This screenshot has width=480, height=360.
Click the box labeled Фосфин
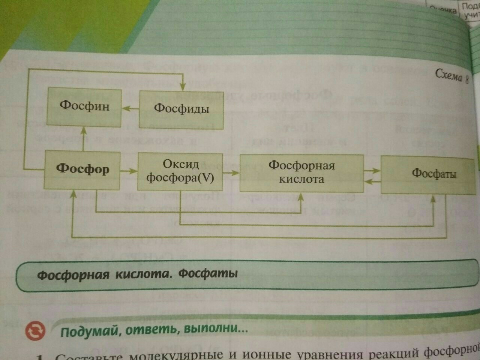coord(84,107)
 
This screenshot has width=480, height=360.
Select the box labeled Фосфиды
coord(181,109)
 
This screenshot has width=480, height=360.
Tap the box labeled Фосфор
coord(82,169)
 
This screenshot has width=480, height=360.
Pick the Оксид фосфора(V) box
coord(180,171)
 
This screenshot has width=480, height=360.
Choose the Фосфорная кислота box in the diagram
coord(301,172)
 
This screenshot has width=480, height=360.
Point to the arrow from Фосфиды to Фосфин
coord(129,108)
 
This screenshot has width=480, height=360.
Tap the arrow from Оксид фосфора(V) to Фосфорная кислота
coord(231,173)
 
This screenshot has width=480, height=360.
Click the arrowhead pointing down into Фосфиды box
coord(183,86)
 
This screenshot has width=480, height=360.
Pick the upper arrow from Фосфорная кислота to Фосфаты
coord(372,171)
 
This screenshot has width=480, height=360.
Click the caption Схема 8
coord(451,76)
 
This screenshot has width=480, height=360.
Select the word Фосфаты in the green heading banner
coord(208,273)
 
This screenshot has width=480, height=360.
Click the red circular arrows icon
coord(35,330)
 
